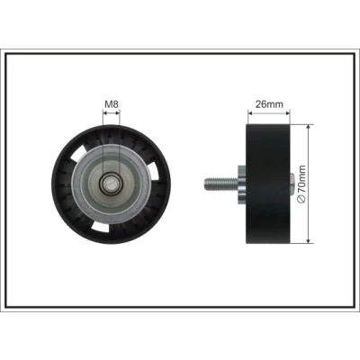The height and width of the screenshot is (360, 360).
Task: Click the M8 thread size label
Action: click(x=112, y=104)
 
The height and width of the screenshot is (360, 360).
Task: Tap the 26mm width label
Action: click(x=269, y=104)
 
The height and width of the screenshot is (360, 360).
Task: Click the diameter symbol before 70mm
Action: click(x=301, y=199)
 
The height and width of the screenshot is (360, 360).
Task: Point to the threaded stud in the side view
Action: click(x=221, y=184)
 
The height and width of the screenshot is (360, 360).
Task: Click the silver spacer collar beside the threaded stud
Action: click(x=242, y=184)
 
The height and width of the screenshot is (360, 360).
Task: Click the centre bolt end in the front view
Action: click(x=111, y=184)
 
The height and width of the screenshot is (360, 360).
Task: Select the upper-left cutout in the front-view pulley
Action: click(x=78, y=154)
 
